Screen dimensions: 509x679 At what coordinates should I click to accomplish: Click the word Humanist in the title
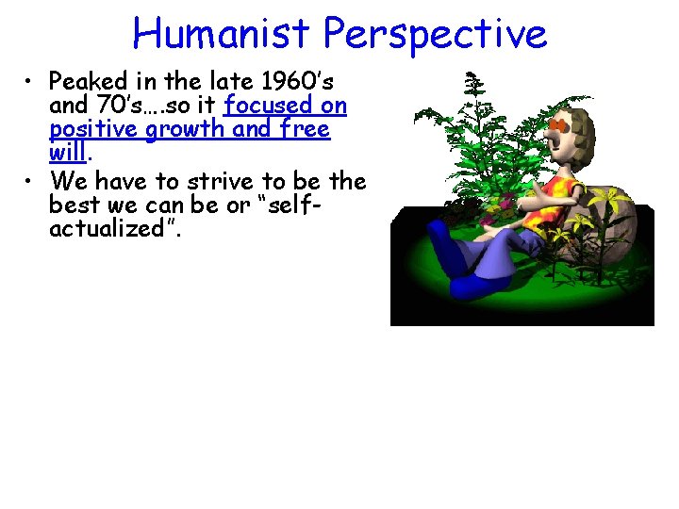224,34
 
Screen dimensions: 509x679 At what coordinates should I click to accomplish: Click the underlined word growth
180,129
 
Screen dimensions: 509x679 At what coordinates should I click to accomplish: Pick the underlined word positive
91,129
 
